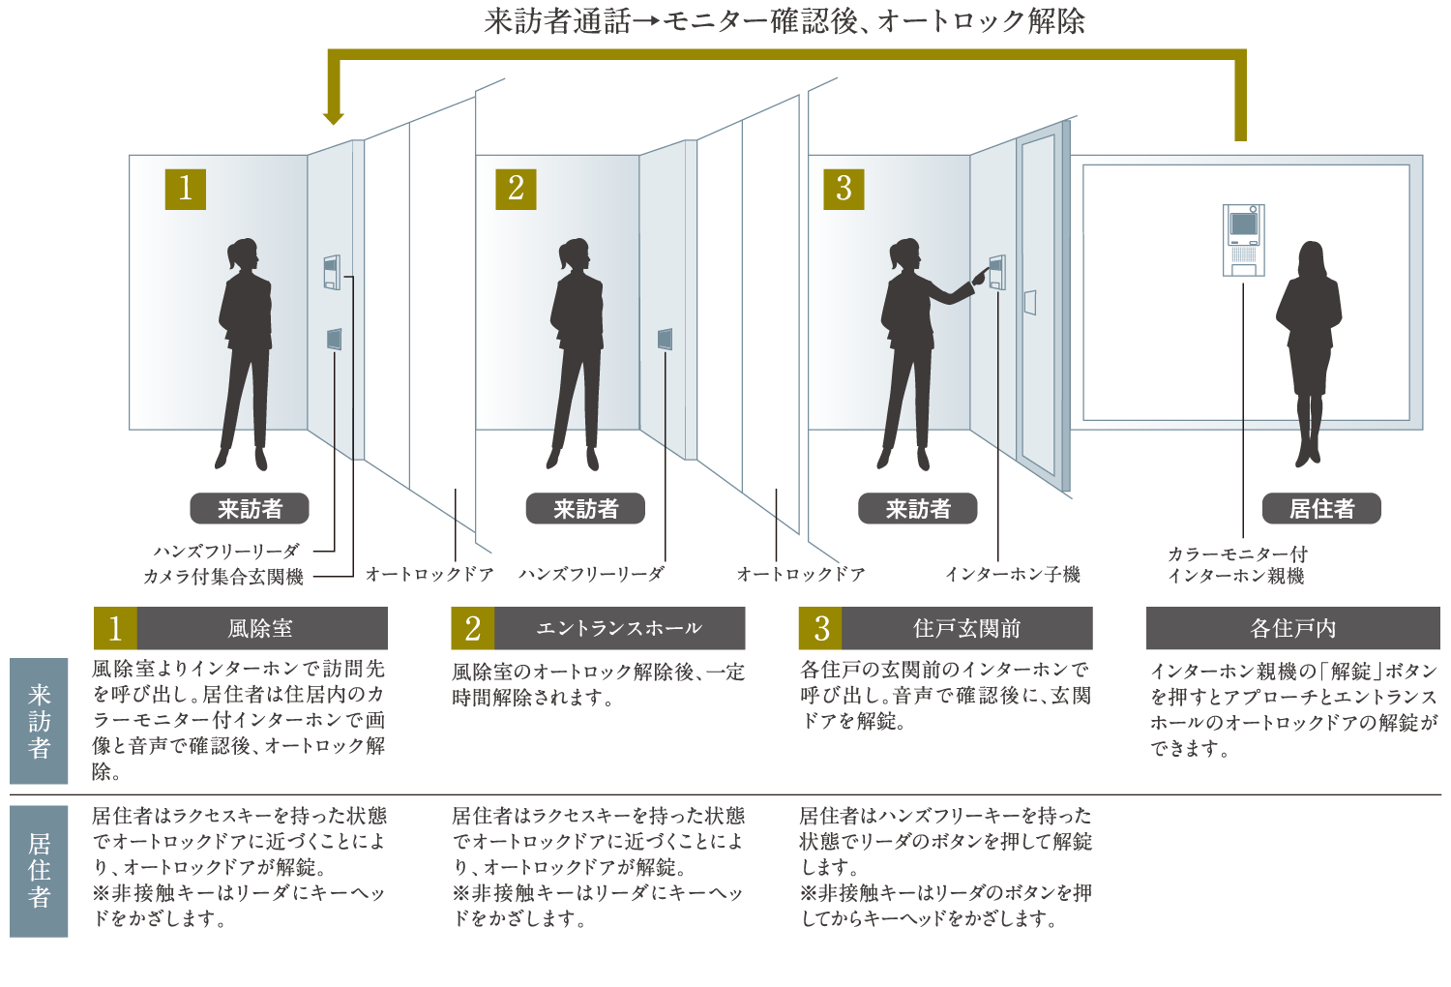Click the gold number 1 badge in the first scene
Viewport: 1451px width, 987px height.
pyautogui.click(x=186, y=189)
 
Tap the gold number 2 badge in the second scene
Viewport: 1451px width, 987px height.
pyautogui.click(x=516, y=189)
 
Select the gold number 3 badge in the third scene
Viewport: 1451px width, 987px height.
pyautogui.click(x=844, y=189)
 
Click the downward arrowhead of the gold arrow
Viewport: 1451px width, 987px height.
pyautogui.click(x=334, y=118)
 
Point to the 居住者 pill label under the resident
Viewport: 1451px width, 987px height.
pyautogui.click(x=1321, y=509)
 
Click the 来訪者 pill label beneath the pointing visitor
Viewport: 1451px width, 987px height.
pyautogui.click(x=918, y=509)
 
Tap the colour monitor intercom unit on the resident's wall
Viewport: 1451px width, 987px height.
pyautogui.click(x=1243, y=240)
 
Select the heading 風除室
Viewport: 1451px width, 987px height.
pyautogui.click(x=260, y=629)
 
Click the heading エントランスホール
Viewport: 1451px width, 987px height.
pyautogui.click(x=619, y=629)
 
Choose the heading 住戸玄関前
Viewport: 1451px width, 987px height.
pyautogui.click(x=966, y=629)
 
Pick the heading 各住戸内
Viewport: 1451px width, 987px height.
pyautogui.click(x=1292, y=629)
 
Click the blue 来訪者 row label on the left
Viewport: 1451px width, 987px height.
pyautogui.click(x=39, y=721)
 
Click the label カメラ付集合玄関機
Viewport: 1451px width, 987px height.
pyautogui.click(x=223, y=577)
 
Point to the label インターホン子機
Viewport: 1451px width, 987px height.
pyautogui.click(x=1012, y=575)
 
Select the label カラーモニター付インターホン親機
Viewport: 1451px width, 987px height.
pyautogui.click(x=1236, y=565)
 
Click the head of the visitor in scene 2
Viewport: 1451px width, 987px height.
pyautogui.click(x=574, y=254)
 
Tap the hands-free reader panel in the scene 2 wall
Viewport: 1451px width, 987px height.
pyautogui.click(x=665, y=340)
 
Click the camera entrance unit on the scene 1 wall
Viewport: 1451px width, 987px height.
pyautogui.click(x=332, y=272)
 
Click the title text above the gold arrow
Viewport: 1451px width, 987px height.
pyautogui.click(x=785, y=21)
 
